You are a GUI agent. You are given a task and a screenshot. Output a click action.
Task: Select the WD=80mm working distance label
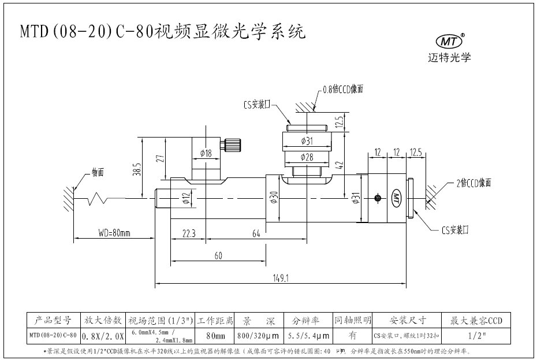(113, 233)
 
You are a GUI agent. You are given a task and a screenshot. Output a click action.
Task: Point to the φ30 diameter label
(274, 198)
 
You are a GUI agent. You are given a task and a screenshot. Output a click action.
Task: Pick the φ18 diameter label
(206, 153)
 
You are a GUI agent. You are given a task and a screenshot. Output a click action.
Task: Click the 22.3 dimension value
(189, 233)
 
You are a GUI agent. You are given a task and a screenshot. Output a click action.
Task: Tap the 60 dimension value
(218, 255)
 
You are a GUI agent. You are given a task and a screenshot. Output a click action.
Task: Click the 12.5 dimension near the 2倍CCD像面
(416, 153)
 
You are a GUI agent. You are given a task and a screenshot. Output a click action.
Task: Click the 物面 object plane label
(97, 172)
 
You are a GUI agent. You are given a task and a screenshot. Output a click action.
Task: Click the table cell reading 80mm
(214, 335)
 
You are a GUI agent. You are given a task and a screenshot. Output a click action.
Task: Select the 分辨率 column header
(309, 320)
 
